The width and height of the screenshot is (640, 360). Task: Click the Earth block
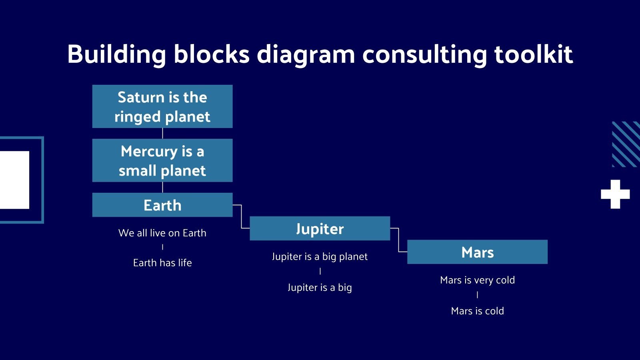pos(162,205)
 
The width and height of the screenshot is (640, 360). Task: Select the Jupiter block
pos(320,228)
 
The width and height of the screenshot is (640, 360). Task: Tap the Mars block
pos(477,252)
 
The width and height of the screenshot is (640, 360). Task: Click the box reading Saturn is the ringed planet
pos(162,106)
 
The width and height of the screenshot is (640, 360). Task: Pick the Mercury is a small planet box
pos(162,160)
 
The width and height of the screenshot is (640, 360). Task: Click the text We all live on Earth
pos(162,233)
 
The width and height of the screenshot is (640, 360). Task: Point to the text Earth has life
pos(162,263)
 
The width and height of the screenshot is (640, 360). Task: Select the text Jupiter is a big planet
pos(320,256)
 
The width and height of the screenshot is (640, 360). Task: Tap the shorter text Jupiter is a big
pos(320,287)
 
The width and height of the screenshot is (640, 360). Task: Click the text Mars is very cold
pos(477,280)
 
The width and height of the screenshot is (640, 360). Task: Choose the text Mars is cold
pos(477,311)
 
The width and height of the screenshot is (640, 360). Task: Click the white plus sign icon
pos(615,194)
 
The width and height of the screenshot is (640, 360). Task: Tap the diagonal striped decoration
pos(626,144)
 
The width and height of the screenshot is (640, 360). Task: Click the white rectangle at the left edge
pos(14,180)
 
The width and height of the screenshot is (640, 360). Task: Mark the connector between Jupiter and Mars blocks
pos(399,240)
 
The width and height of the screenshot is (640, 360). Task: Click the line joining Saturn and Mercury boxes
pos(162,133)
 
